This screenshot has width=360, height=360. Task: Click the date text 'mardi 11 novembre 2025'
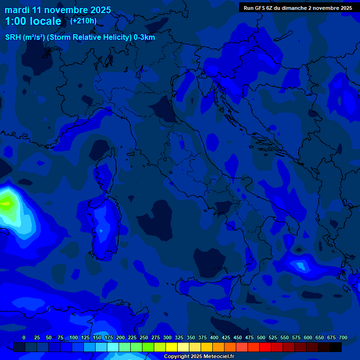pos(58,10)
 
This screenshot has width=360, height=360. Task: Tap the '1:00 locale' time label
pos(33,22)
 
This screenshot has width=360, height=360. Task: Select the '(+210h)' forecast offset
pos(83,21)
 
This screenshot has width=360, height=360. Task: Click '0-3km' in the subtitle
pos(144,37)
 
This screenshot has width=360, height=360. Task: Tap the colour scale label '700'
pos(343,337)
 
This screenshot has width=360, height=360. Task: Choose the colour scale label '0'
pos(24,337)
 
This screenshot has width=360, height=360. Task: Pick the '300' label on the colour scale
pos(167,337)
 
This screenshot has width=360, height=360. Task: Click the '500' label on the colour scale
pos(261,337)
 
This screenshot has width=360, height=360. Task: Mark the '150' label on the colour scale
pos(97,337)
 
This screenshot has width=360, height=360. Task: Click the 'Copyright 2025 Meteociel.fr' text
pos(199,357)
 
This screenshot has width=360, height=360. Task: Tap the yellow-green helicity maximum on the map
pos(6,203)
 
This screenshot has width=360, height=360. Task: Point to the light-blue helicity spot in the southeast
pos(299,266)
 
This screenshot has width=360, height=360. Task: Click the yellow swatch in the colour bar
pos(172,347)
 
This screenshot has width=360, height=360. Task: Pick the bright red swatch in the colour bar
pos(265,347)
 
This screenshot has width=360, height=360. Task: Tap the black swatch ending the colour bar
pos(336,347)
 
